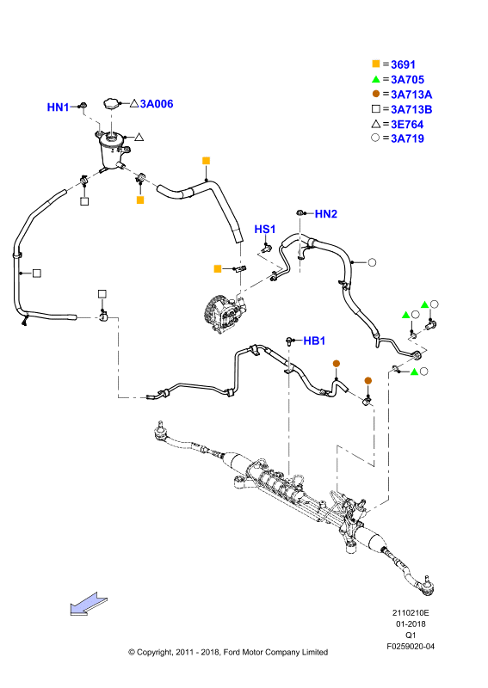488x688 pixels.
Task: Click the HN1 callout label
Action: [58, 107]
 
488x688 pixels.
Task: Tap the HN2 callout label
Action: [326, 213]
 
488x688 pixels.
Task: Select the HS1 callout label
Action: [265, 229]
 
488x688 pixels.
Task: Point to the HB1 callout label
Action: [314, 341]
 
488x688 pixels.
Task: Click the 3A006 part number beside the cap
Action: [157, 104]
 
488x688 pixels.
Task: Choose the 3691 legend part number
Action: [404, 64]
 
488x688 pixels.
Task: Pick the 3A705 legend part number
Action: [408, 79]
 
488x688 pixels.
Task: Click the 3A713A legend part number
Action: [411, 95]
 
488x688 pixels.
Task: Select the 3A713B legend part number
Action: [411, 109]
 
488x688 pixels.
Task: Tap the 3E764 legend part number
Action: [407, 124]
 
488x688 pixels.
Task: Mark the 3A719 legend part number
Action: [408, 138]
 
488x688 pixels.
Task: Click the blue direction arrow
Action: [89, 605]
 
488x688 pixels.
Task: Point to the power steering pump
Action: [224, 315]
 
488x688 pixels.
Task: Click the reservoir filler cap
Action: [112, 104]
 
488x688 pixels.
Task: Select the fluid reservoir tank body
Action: [112, 151]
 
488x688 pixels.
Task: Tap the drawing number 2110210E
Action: [411, 613]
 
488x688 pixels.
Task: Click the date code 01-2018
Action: [411, 624]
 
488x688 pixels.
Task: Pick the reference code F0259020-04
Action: [411, 647]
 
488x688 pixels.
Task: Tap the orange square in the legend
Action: [376, 64]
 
